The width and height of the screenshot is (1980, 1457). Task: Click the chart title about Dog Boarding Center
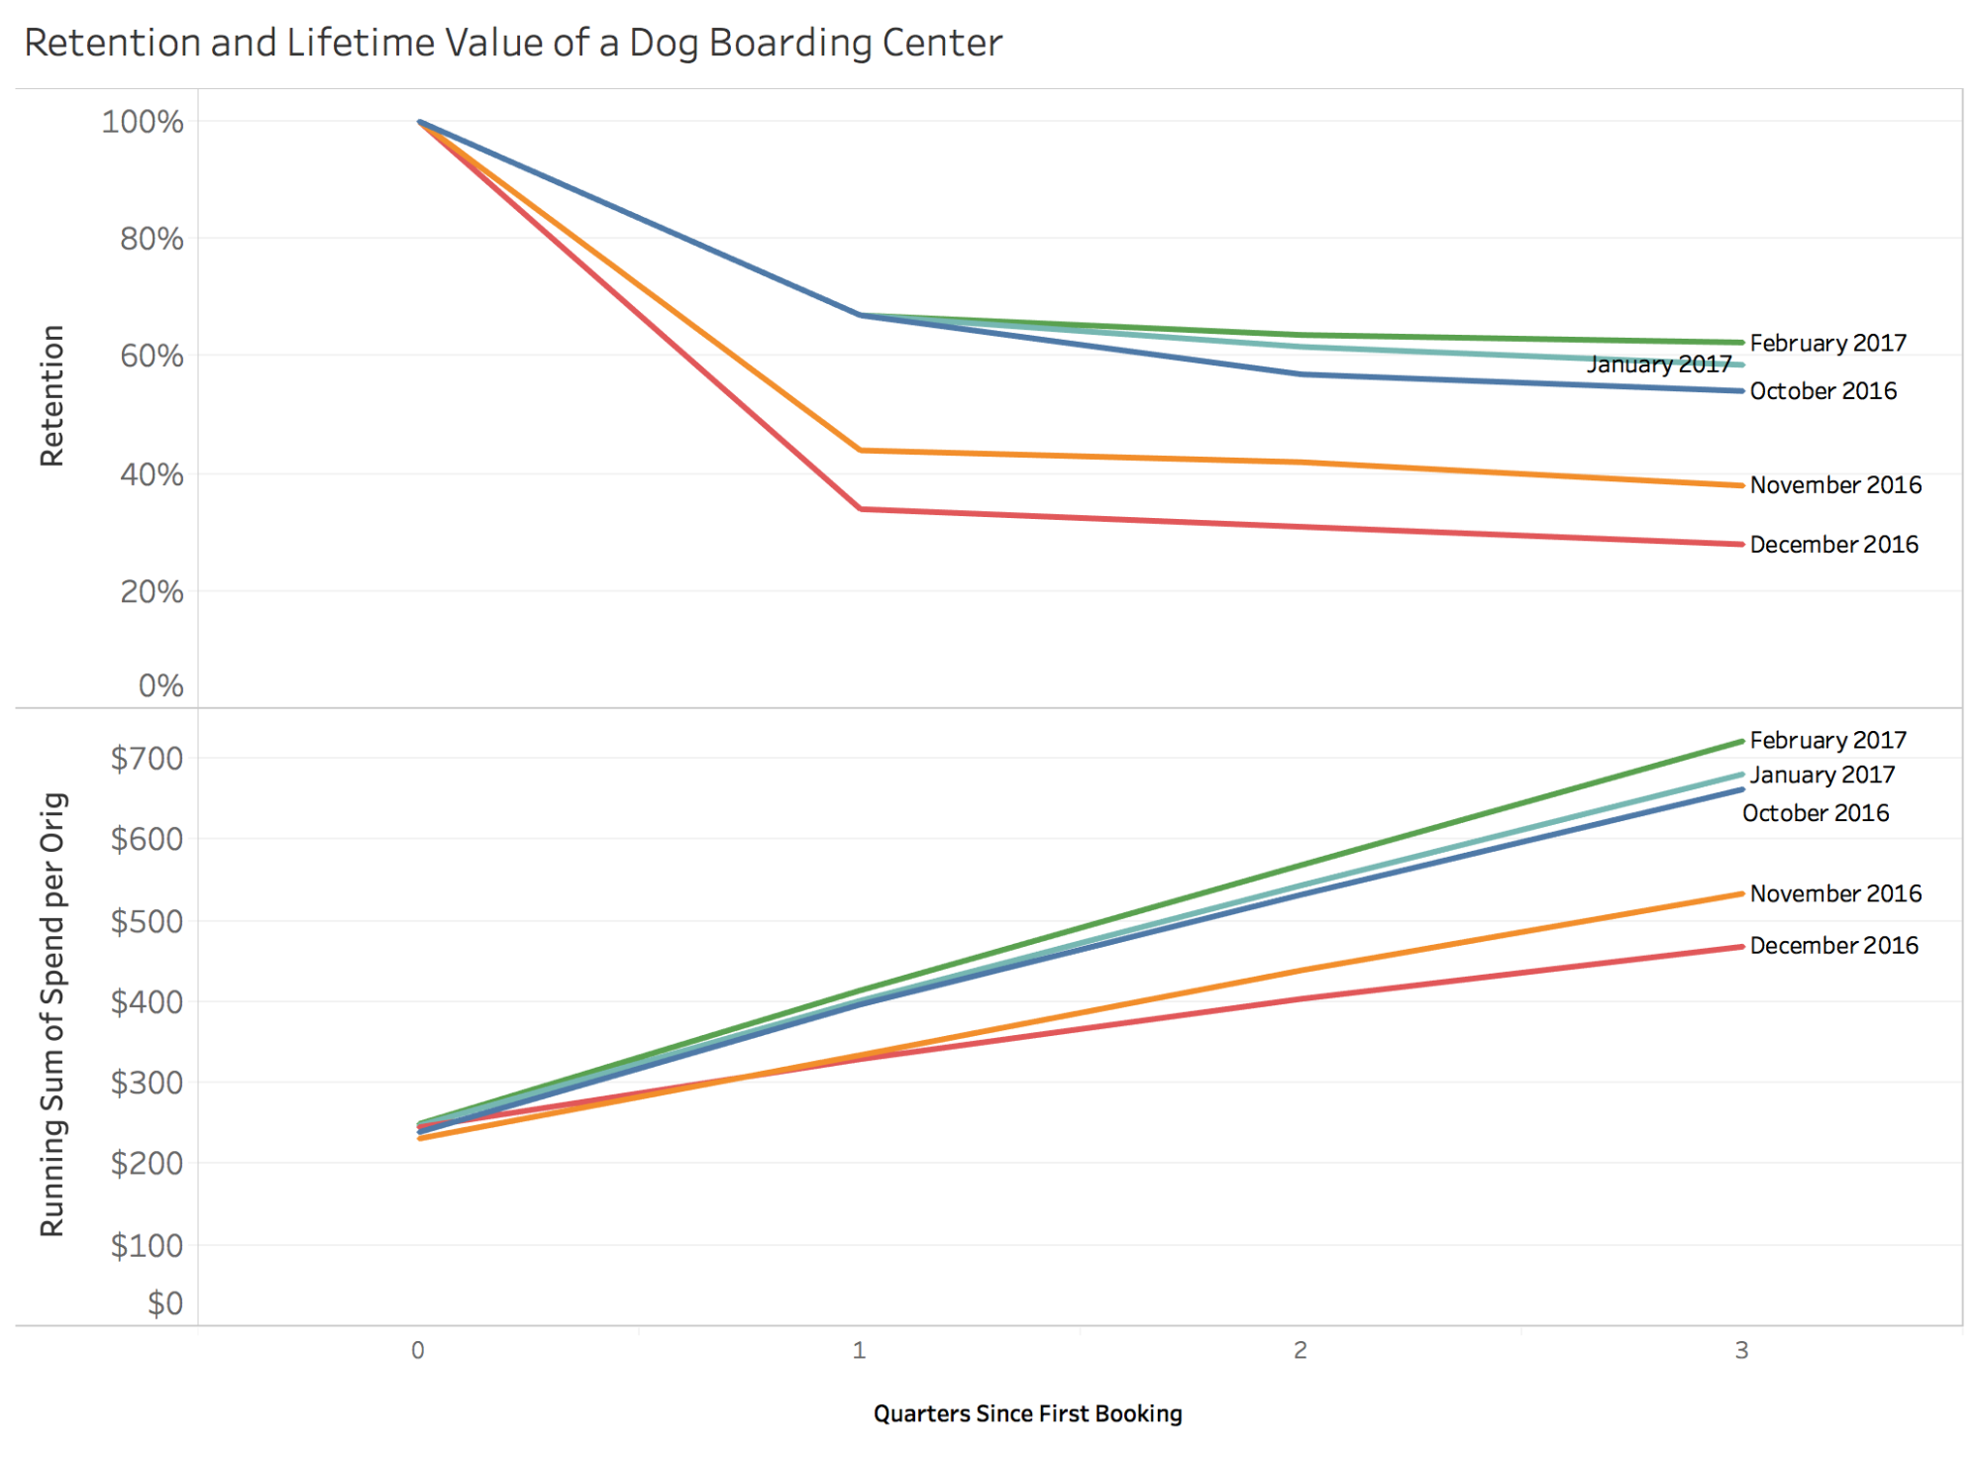coord(512,43)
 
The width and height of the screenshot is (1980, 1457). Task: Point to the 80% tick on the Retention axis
coord(152,239)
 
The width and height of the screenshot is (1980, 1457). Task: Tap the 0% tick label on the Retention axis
coord(160,685)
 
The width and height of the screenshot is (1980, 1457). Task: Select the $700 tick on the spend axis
coord(147,759)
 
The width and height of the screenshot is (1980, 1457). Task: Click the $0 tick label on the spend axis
coord(165,1302)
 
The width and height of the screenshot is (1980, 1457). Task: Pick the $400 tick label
coord(147,1002)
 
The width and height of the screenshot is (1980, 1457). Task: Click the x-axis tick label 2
coord(1301,1350)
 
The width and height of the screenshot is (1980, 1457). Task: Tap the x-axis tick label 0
coord(418,1350)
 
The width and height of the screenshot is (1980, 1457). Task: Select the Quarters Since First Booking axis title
coord(1027,1413)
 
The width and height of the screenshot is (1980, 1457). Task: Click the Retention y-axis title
coord(52,395)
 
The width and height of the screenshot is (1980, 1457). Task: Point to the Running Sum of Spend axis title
coord(52,1014)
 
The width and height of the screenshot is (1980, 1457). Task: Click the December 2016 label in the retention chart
coord(1833,545)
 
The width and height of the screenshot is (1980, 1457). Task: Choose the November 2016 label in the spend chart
coord(1835,893)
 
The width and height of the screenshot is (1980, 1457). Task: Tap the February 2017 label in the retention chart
coord(1827,343)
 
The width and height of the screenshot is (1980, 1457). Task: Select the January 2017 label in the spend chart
coord(1822,775)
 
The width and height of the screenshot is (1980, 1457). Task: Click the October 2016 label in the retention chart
coord(1823,391)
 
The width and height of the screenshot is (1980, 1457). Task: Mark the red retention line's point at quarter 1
coord(862,509)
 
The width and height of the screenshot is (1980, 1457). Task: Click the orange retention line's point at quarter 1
coord(862,451)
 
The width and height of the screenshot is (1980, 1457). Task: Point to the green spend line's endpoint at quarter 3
coord(1741,741)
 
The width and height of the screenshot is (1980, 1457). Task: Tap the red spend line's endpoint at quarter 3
coord(1741,947)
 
